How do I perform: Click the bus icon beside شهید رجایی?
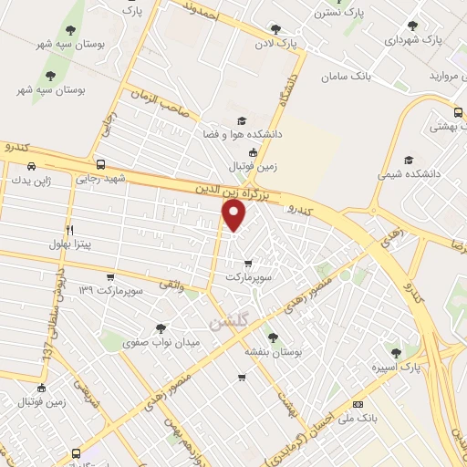tap(99, 165)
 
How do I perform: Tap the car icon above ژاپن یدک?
tap(32, 167)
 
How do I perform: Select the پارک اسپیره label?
tap(395, 367)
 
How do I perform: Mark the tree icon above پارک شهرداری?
tap(412, 26)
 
